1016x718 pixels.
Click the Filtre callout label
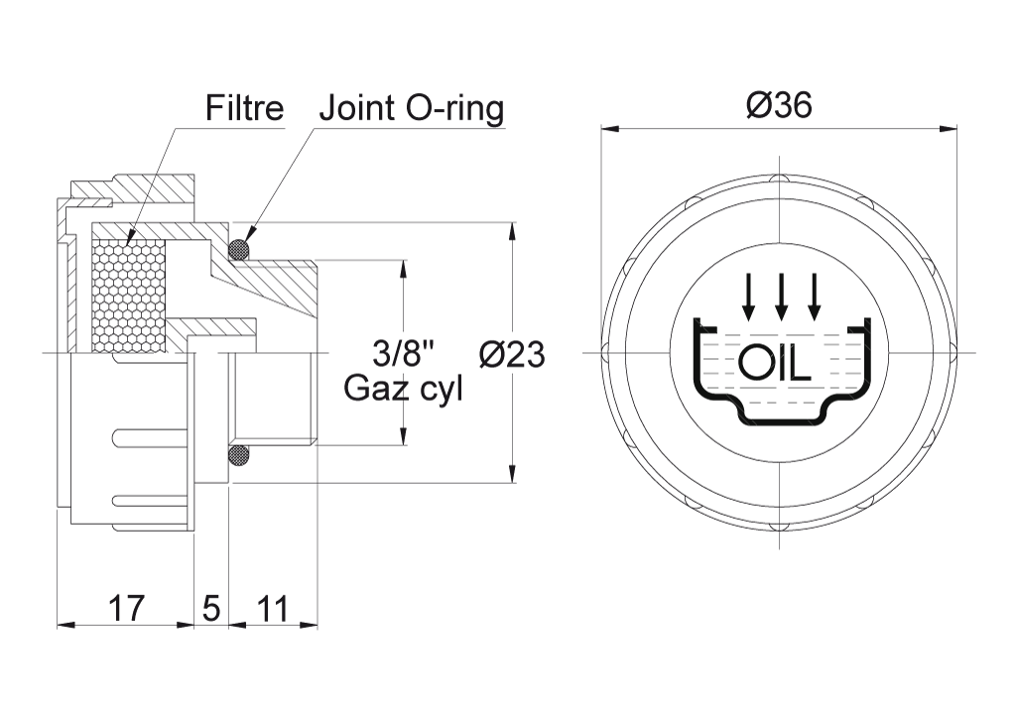[244, 108]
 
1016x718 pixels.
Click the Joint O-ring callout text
[412, 109]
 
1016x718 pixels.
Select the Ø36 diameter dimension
[779, 105]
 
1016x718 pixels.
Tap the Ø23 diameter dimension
[512, 354]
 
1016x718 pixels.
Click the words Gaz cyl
[403, 389]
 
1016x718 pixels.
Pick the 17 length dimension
[126, 608]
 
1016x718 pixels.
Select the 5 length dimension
[211, 609]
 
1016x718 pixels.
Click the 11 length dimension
[272, 609]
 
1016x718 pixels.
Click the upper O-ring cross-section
[239, 250]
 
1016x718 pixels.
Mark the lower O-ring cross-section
[239, 456]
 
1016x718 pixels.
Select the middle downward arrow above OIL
[781, 297]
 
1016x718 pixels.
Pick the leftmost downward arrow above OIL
[749, 297]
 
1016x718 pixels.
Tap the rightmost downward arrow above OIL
[814, 297]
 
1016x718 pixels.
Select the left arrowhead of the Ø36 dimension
[610, 128]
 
